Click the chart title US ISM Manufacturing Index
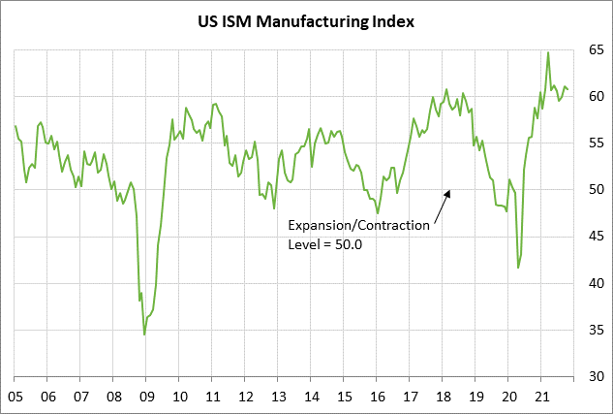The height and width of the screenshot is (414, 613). (306, 20)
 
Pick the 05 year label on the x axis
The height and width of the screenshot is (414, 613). (16, 396)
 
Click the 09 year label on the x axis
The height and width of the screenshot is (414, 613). (147, 396)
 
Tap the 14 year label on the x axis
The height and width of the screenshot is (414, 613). (311, 396)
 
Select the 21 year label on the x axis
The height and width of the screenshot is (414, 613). (539, 396)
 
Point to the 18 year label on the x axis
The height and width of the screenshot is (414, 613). (442, 396)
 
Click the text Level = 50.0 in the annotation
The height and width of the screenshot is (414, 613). (325, 244)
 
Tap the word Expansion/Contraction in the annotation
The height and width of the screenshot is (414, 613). (358, 225)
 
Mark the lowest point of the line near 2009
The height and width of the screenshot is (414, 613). (144, 334)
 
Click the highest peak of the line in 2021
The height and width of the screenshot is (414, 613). (548, 52)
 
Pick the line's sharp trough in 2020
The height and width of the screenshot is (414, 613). (518, 268)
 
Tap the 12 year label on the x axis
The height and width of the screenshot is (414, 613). (245, 396)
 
